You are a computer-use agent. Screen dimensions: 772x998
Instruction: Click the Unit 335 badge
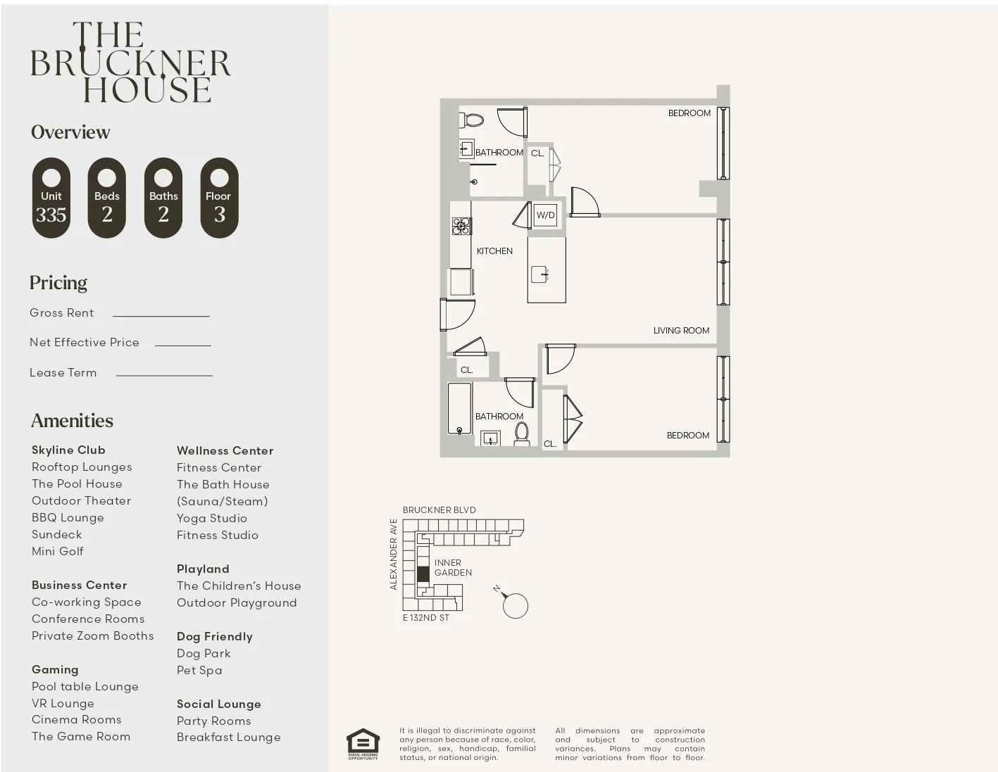(51, 198)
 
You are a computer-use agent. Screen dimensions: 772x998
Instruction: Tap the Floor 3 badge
(219, 198)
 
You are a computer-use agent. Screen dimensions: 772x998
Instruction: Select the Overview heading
(70, 132)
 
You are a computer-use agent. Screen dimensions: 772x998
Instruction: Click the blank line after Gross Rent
(161, 314)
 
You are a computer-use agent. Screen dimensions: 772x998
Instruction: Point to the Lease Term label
(63, 373)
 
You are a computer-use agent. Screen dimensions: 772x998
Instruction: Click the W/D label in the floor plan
(545, 215)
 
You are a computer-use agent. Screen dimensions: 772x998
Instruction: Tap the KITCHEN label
(494, 251)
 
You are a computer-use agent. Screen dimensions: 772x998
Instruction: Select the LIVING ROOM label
(680, 331)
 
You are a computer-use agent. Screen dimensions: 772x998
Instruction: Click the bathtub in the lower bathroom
(459, 408)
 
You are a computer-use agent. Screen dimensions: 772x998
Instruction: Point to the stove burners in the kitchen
(461, 226)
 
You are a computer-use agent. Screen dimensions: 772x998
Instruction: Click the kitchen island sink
(540, 273)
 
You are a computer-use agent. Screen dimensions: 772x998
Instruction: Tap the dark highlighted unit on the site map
(423, 574)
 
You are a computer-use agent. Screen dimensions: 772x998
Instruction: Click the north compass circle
(516, 606)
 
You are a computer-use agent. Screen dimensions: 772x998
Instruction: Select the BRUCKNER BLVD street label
(439, 510)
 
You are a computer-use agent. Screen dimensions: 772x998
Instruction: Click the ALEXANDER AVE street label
(394, 555)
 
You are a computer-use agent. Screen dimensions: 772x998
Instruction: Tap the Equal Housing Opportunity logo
(363, 744)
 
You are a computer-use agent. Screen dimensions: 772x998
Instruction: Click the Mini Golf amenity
(58, 552)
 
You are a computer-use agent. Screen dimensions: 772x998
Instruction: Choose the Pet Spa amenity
(199, 671)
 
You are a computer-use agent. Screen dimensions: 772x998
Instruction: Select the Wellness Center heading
(225, 451)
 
